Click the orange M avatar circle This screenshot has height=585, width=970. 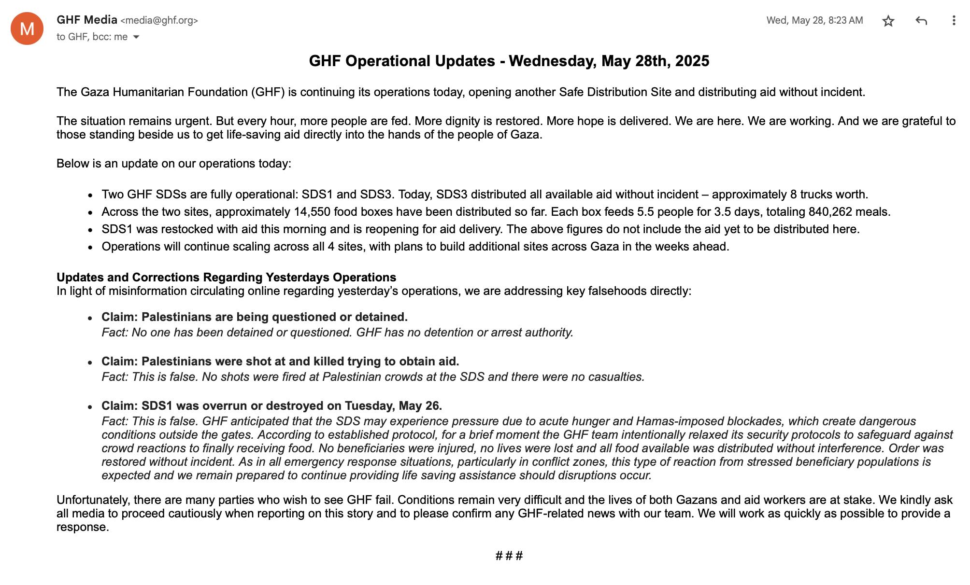(27, 28)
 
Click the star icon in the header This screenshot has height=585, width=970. (888, 21)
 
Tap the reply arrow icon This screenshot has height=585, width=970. (921, 21)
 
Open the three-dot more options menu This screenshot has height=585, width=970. (954, 21)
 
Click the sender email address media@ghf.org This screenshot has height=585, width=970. (159, 20)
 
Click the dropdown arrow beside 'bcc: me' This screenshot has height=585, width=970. (136, 37)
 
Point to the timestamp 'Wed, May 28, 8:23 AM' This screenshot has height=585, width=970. (814, 20)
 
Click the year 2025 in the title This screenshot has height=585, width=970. (692, 61)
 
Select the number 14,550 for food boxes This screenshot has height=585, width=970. (312, 212)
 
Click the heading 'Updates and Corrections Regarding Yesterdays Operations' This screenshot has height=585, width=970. (226, 278)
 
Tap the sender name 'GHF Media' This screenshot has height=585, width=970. (87, 20)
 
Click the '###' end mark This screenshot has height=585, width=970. (509, 556)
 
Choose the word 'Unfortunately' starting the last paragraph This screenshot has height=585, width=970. (92, 500)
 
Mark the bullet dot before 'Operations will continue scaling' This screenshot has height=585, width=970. (90, 248)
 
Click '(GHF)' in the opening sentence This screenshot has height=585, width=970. (268, 92)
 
